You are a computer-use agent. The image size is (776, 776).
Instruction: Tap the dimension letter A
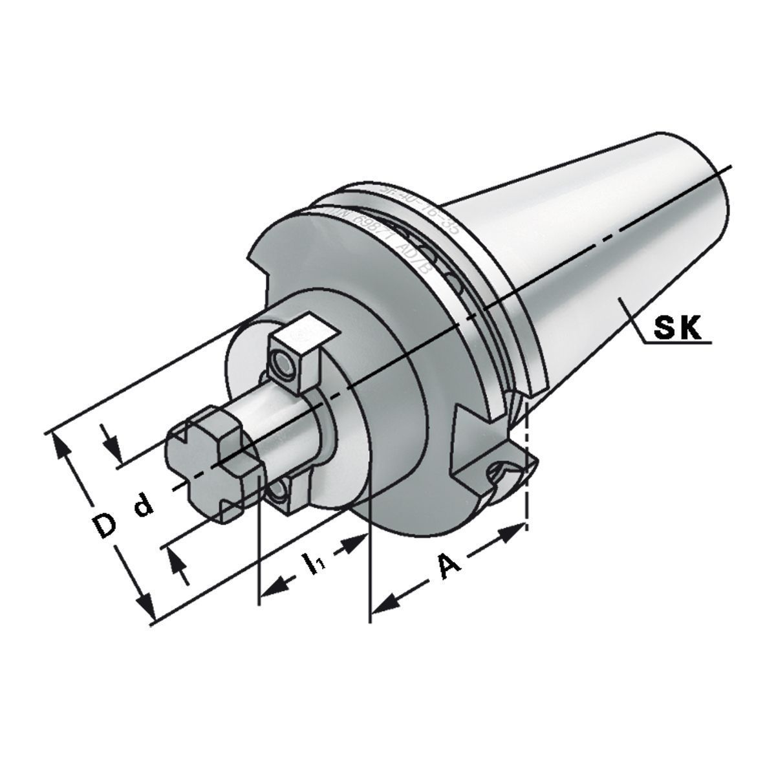point(449,565)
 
